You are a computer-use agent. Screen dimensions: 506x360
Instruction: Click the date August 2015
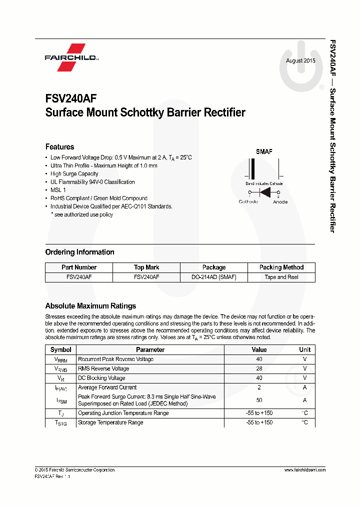coord(300,61)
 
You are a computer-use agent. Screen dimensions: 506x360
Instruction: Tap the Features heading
coord(59,147)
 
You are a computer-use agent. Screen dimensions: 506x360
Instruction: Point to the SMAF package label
coord(264,151)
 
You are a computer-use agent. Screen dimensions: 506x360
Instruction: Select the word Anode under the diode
coord(280,202)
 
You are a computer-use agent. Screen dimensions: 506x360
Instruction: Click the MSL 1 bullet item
coord(58,190)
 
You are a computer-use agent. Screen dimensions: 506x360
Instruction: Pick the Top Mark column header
coord(146,267)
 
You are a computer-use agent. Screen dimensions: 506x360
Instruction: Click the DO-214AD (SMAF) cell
coord(213,277)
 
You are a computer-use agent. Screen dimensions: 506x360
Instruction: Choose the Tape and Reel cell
coord(281,277)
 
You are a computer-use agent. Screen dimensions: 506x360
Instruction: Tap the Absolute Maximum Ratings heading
coord(90,306)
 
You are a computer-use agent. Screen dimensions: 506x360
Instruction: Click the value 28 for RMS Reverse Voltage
coord(259,368)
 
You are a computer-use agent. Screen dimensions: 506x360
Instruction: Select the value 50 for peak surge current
coord(259,400)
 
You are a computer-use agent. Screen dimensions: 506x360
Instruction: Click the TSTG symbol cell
coord(60,423)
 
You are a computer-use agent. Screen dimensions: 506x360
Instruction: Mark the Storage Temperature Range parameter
coord(110,422)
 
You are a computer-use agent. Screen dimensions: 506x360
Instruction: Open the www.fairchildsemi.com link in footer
coord(304,470)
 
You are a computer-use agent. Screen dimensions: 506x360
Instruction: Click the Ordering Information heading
coord(79,252)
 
